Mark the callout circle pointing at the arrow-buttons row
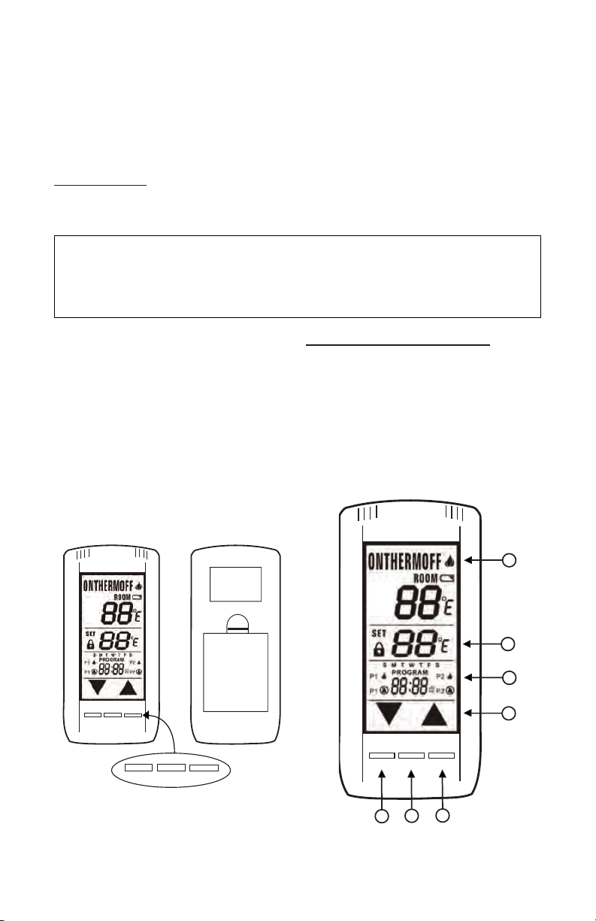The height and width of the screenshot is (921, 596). point(510,711)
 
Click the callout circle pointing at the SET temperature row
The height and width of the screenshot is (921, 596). point(510,644)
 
